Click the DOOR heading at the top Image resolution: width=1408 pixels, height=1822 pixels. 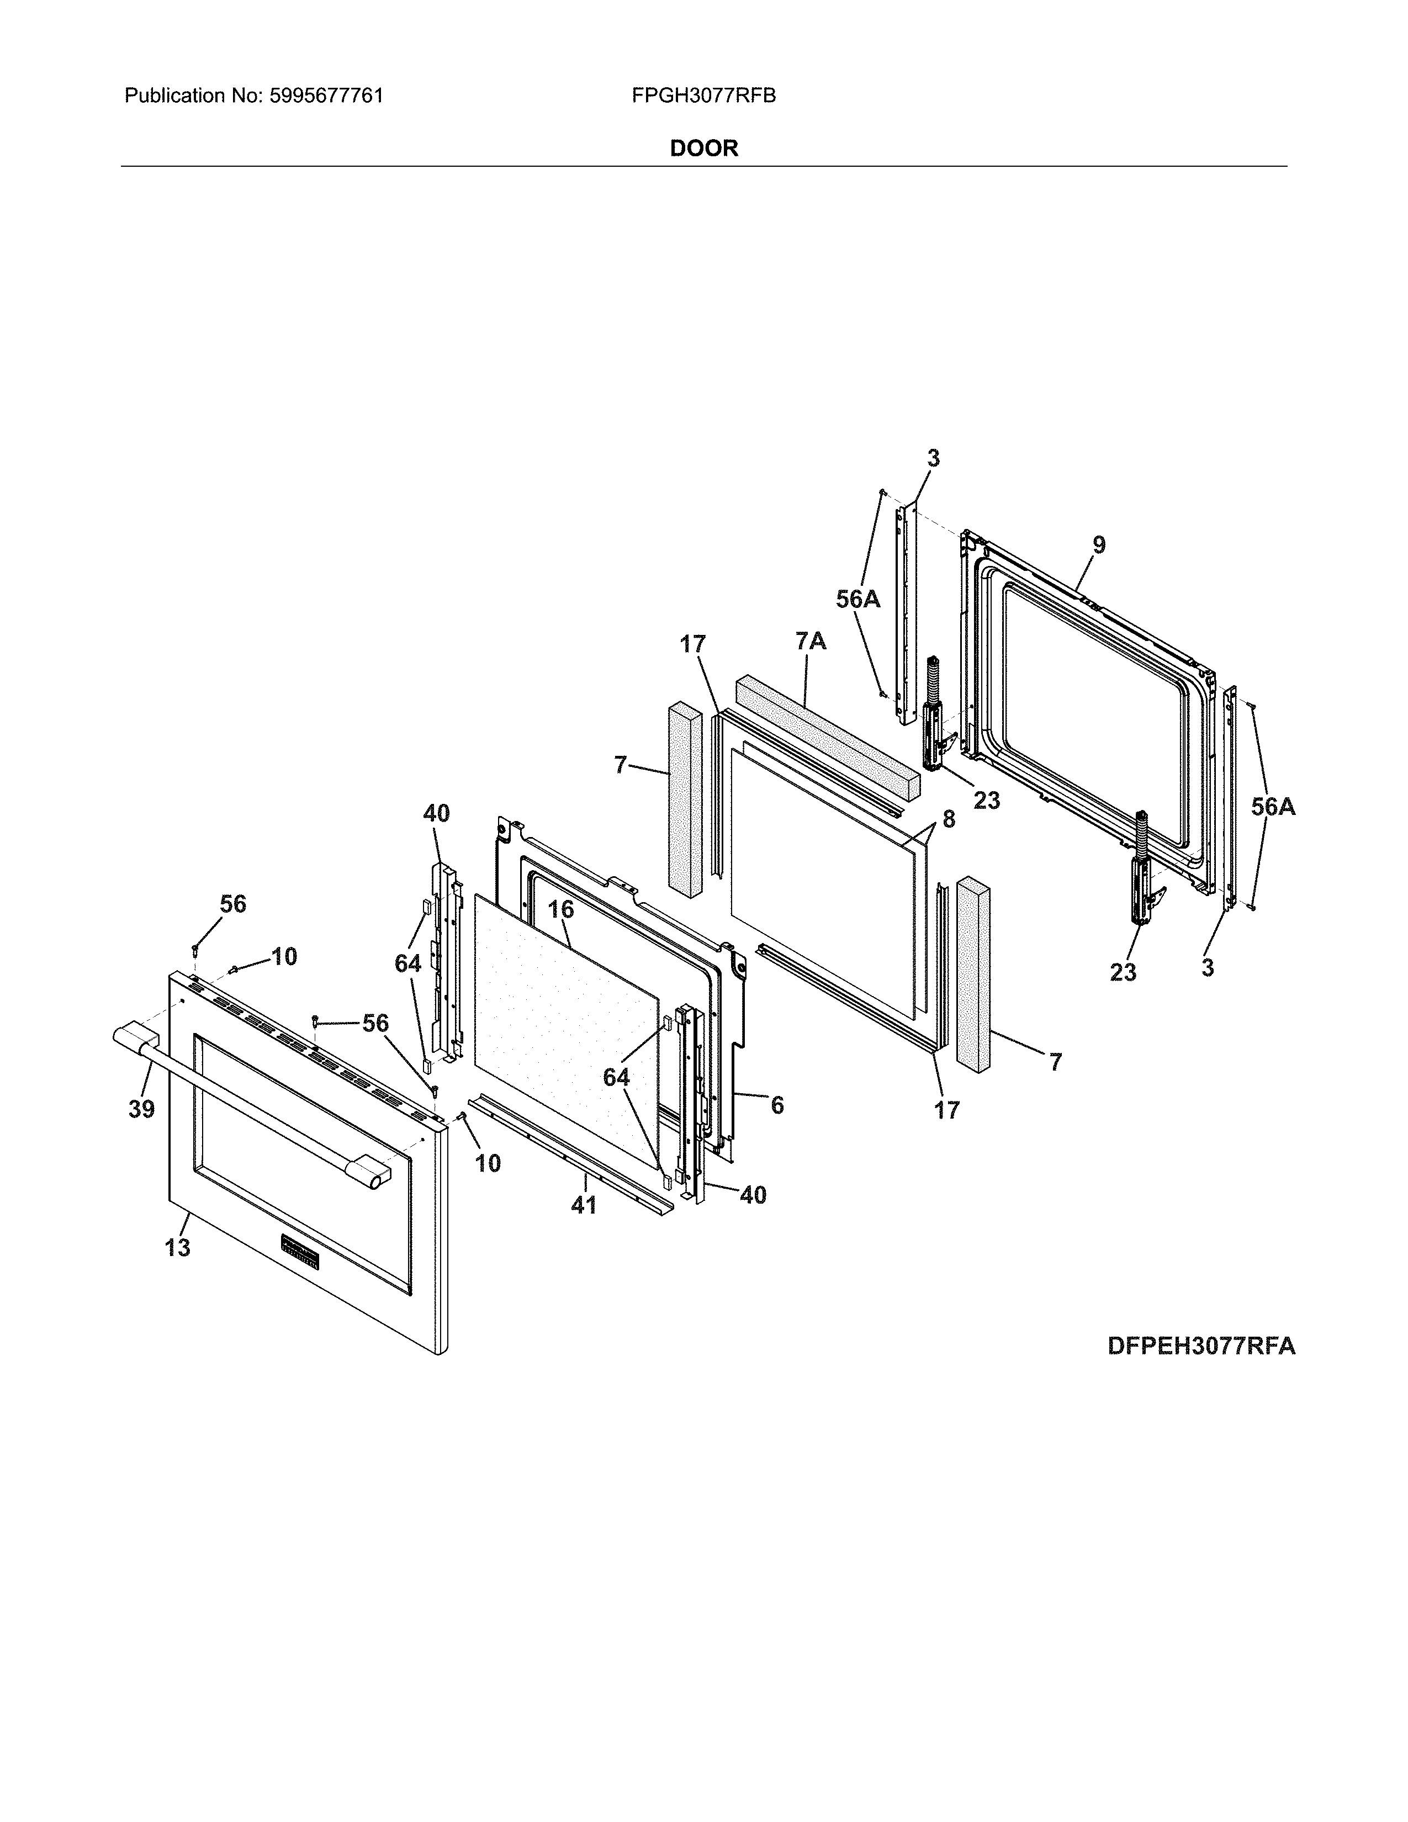coord(703,149)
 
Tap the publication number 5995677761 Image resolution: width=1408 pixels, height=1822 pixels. coord(325,96)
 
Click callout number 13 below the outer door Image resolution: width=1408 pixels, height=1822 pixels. coord(177,1248)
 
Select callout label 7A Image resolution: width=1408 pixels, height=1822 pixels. coord(810,640)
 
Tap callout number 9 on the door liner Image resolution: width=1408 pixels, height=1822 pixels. coord(1099,545)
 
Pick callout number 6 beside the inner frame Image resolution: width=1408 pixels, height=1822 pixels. coord(776,1105)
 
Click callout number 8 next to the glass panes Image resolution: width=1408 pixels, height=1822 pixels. coord(949,819)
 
